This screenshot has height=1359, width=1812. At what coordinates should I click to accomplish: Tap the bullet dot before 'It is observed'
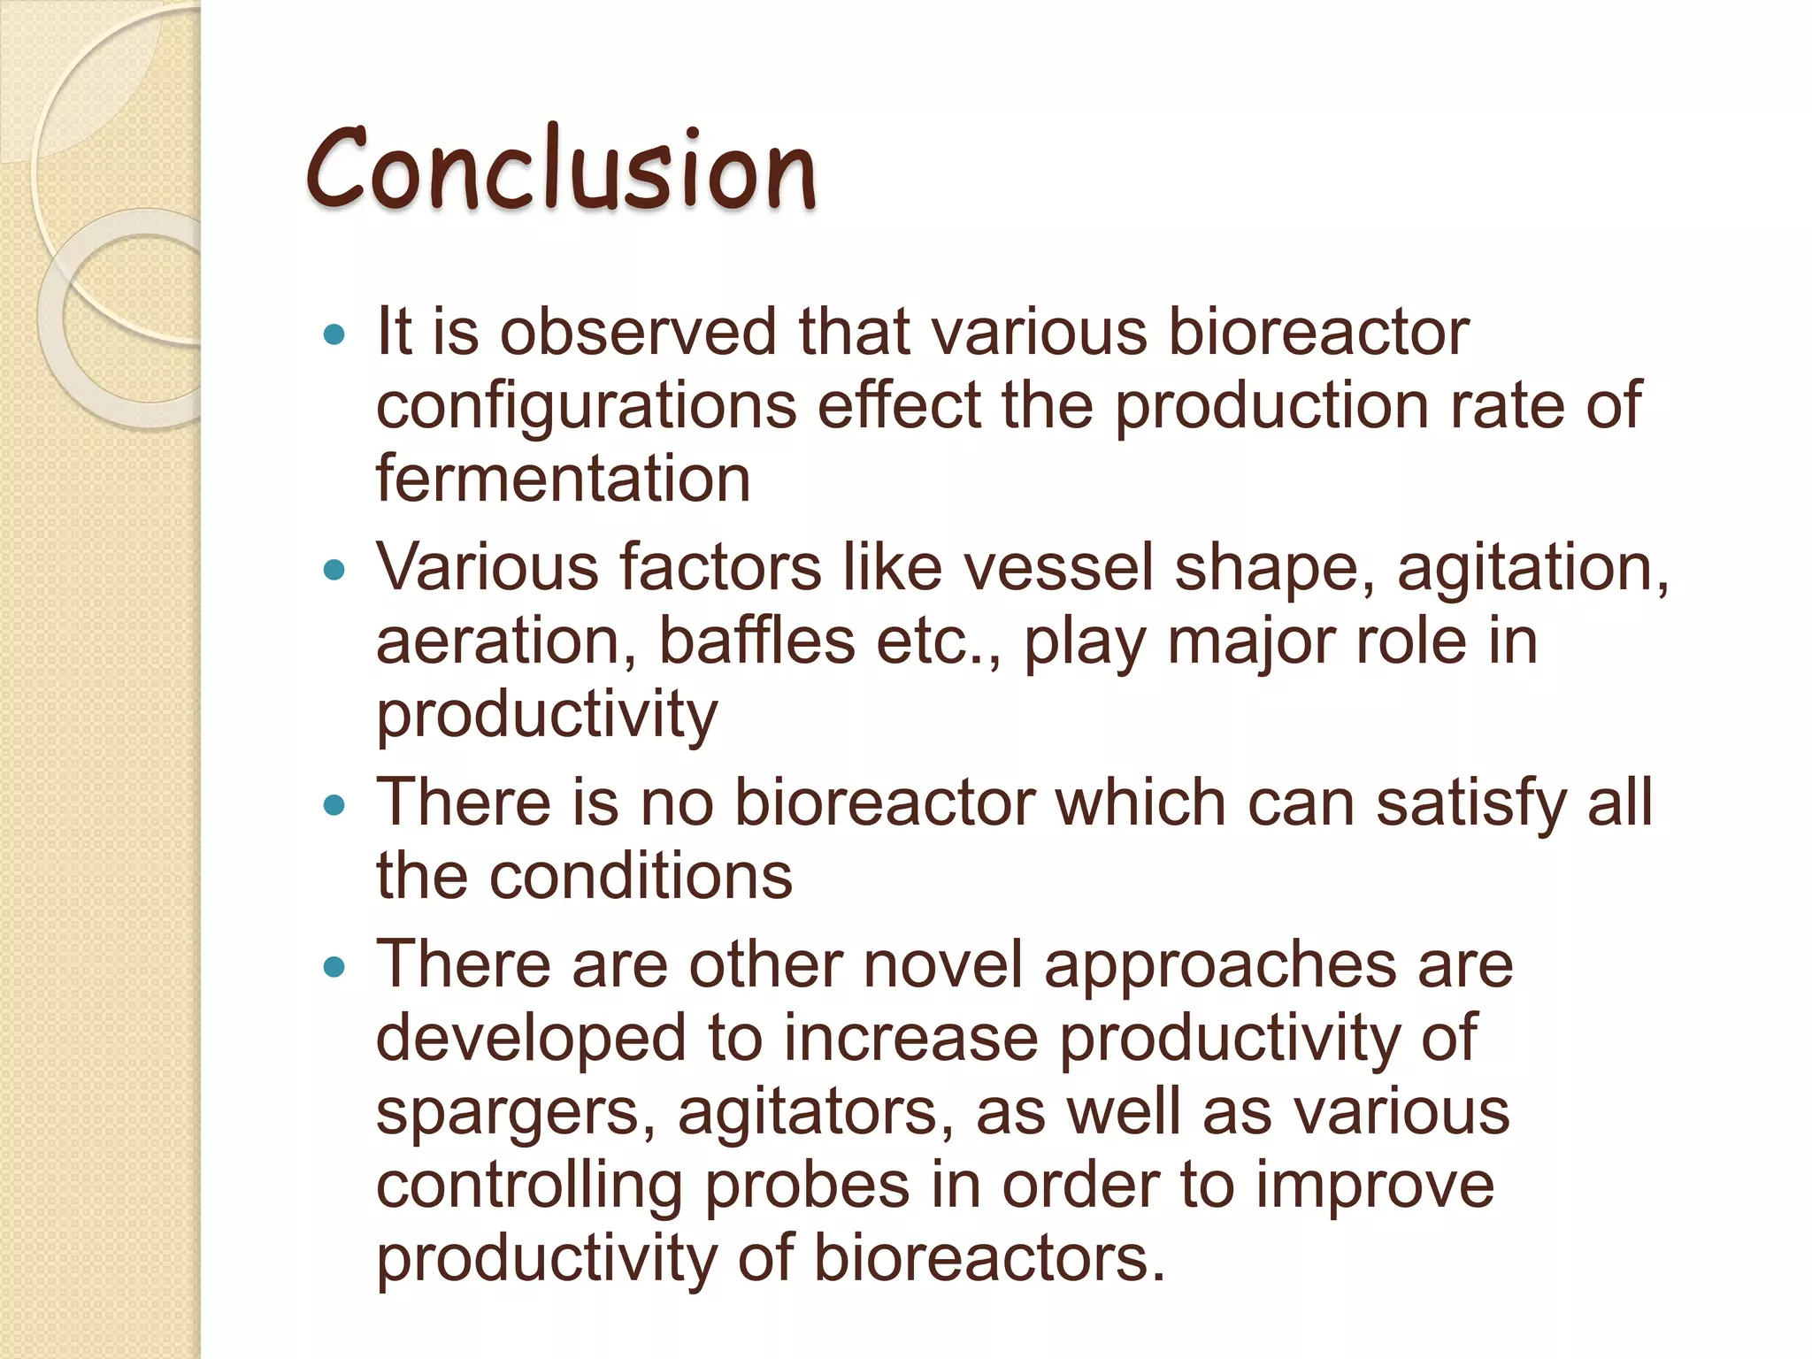pos(334,334)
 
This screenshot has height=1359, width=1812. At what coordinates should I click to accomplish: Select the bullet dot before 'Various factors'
pos(334,570)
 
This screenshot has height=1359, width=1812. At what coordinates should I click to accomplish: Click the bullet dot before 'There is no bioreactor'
pos(334,805)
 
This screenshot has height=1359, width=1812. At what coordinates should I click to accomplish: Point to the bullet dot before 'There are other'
pos(334,967)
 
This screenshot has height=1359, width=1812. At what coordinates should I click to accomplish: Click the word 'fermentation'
pos(563,479)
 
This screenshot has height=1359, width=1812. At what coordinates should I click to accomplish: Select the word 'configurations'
pos(586,407)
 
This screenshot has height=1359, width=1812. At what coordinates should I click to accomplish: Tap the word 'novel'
pos(943,964)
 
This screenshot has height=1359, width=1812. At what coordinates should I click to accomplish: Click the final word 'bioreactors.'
pos(988,1259)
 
